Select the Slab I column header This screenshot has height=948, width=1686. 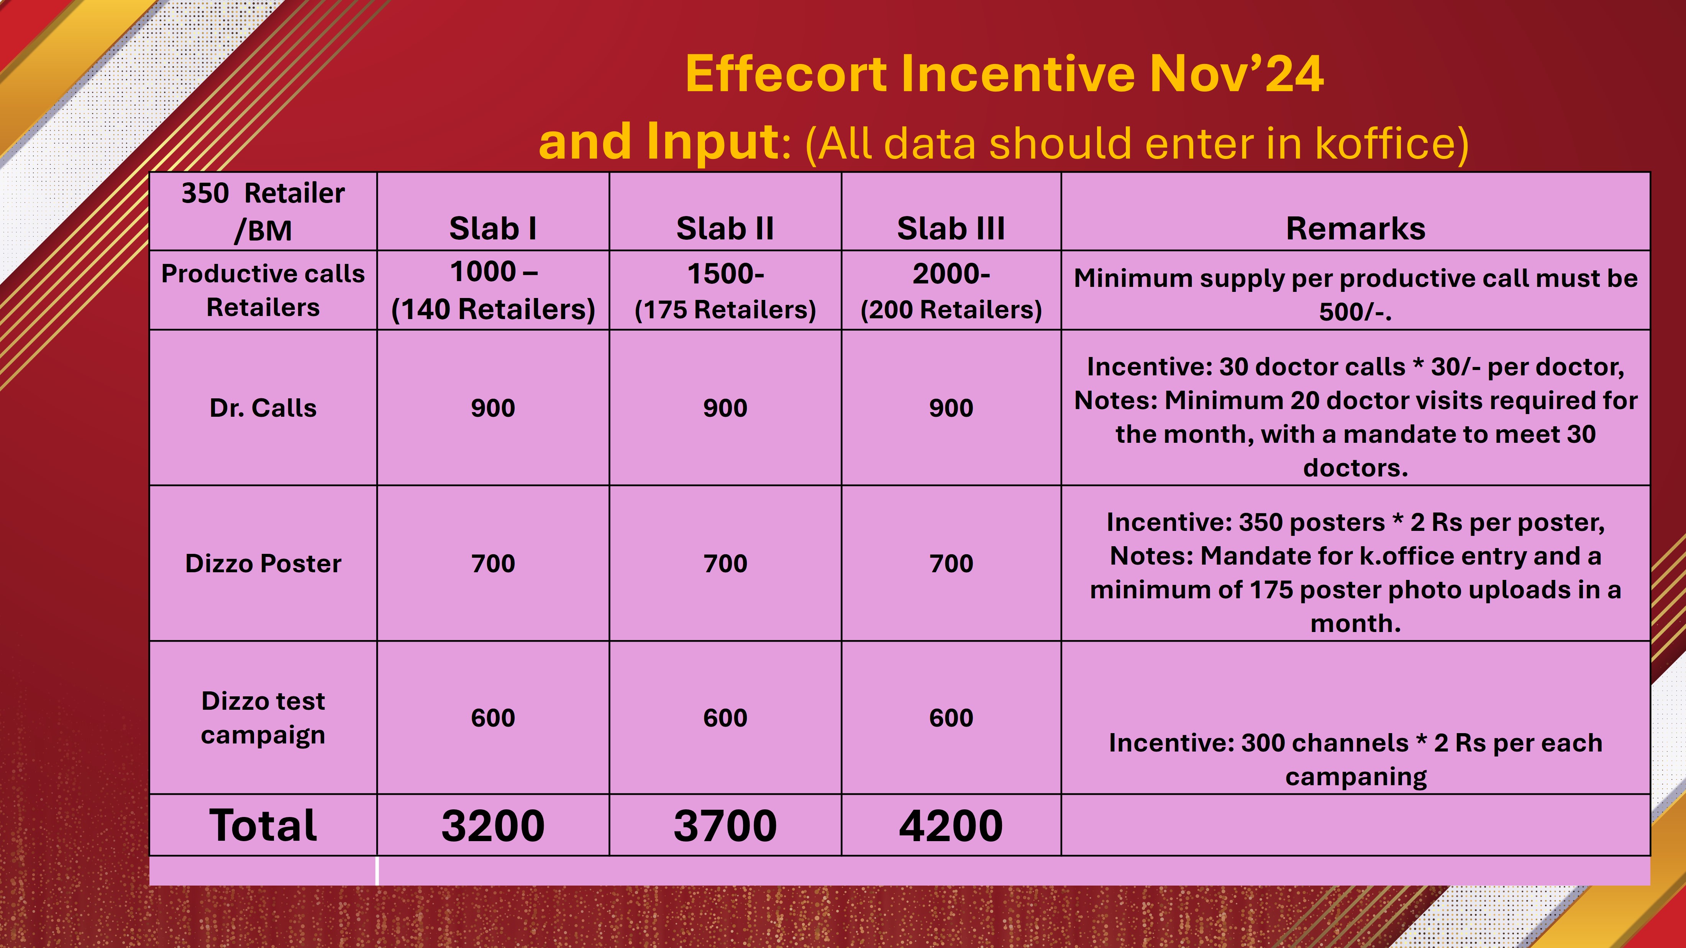(493, 228)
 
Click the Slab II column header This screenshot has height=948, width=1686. (725, 228)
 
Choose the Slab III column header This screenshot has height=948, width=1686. (951, 228)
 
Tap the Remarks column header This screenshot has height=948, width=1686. (1355, 228)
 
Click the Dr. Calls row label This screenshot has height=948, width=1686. (263, 408)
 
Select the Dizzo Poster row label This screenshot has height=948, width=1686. (263, 563)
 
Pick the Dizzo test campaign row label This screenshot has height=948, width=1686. (263, 718)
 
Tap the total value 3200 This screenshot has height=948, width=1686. (493, 826)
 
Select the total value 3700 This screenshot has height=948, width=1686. (725, 826)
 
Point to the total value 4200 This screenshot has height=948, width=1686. (951, 826)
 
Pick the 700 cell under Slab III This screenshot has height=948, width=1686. (951, 564)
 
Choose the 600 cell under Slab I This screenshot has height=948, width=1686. (493, 718)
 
